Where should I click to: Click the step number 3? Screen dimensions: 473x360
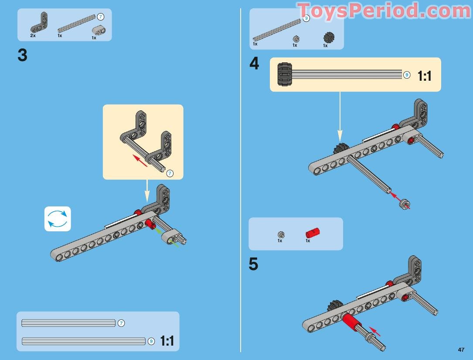pos(22,55)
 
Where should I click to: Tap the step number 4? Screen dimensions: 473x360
pos(254,63)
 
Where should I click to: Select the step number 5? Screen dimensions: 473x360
pos(253,264)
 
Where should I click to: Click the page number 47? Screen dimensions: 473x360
pos(461,350)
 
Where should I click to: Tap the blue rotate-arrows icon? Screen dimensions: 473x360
pos(58,219)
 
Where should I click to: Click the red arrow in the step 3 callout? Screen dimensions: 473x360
pos(140,161)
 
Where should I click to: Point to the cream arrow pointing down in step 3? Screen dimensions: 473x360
pos(147,191)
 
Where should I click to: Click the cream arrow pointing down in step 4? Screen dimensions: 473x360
pos(340,117)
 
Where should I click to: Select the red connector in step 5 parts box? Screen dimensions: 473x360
pos(313,233)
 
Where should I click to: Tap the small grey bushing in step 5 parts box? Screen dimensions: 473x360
pos(281,234)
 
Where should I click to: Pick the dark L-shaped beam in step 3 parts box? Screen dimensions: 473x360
pos(39,23)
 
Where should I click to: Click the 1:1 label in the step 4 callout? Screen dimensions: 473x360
pos(425,76)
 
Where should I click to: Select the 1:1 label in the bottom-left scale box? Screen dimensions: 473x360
pos(167,341)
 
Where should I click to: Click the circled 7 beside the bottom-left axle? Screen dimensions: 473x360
pos(121,323)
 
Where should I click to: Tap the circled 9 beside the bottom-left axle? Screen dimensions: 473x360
pos(151,341)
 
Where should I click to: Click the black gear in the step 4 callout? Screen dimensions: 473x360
pos(285,74)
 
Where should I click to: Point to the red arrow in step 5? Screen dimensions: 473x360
pos(374,331)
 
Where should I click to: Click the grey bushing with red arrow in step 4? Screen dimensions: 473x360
pos(404,204)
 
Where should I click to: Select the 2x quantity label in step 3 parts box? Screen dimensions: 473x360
pos(33,36)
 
